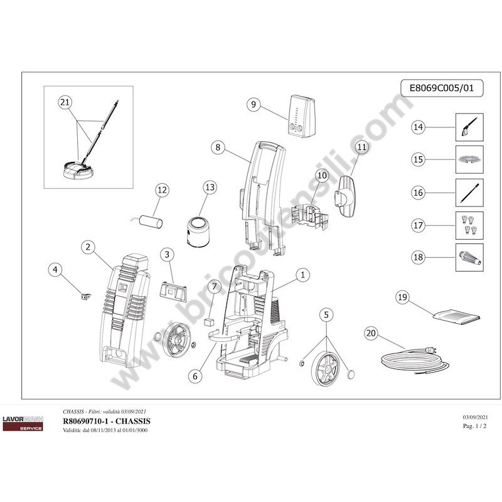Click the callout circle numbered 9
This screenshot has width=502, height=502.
254,105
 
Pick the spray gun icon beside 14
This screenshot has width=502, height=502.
469,127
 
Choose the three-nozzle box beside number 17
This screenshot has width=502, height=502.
469,224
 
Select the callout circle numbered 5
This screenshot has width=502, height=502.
326,314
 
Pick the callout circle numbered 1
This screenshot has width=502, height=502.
303,274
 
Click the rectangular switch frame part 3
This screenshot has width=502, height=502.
173,292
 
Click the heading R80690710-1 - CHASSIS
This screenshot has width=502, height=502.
107,420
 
